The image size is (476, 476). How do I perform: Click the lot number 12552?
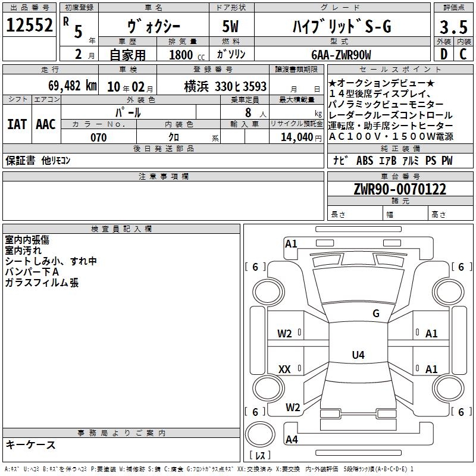click(29, 25)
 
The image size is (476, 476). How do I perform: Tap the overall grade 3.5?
click(453, 27)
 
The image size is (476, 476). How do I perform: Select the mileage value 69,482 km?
click(73, 86)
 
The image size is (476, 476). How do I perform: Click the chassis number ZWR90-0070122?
click(400, 189)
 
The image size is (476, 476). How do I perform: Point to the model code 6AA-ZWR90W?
click(341, 55)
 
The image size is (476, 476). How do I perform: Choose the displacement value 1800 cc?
click(187, 55)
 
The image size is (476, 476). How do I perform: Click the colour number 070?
click(99, 137)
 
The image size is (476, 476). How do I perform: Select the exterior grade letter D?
click(444, 54)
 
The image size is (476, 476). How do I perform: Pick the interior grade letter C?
click(463, 54)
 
